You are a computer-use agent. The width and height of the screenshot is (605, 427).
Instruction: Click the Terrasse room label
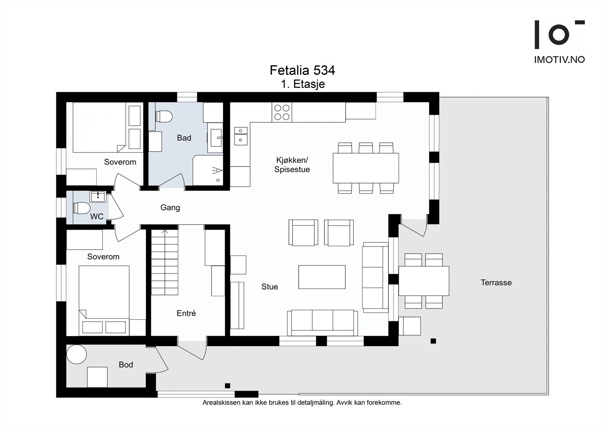(496, 282)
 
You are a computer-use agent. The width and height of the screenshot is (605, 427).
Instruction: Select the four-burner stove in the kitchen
(282, 112)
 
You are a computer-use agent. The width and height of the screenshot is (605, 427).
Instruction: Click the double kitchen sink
(241, 136)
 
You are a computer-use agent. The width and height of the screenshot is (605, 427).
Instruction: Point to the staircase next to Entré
(165, 262)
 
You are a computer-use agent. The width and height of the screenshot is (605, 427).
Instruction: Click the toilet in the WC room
(81, 208)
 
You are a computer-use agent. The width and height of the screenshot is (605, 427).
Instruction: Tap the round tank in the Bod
(77, 354)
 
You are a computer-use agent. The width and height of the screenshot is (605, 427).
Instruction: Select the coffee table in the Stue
(322, 277)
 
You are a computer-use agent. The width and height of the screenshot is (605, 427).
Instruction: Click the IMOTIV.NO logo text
(559, 60)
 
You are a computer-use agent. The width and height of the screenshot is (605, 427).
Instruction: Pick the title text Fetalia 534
(302, 70)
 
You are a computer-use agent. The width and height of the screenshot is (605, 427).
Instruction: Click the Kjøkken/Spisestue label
(292, 165)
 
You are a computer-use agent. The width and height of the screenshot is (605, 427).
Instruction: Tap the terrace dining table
(424, 281)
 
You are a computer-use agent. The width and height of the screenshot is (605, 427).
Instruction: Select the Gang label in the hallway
(170, 207)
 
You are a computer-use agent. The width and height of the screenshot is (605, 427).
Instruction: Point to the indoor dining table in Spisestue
(366, 168)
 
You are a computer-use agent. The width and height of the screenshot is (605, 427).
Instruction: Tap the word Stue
(270, 287)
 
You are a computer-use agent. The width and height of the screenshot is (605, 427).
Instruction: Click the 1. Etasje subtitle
(302, 84)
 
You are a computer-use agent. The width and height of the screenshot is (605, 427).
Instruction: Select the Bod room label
(126, 364)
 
